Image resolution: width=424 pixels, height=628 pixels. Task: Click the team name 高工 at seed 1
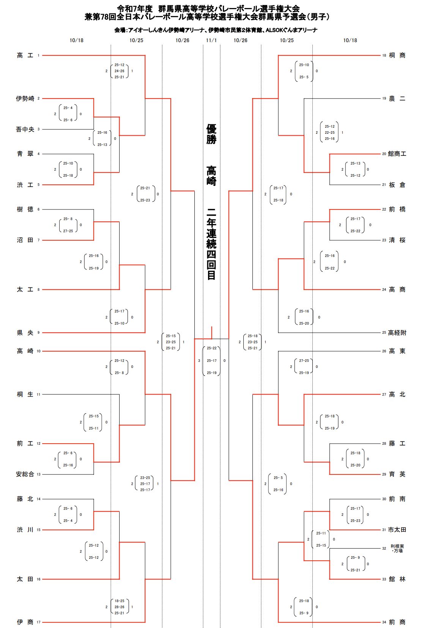[x=25, y=56]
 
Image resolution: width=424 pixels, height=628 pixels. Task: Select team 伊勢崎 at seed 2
[x=25, y=98]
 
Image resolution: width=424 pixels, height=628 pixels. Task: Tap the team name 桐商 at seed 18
[x=397, y=56]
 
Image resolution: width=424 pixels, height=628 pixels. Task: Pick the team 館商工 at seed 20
[x=397, y=154]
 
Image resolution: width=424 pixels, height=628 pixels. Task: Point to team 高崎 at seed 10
[x=25, y=351]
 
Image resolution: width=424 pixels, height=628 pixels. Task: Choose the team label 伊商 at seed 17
[x=25, y=622]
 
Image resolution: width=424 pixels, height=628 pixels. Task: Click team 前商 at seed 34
[x=397, y=622]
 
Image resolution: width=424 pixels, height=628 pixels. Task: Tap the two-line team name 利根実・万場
[x=397, y=548]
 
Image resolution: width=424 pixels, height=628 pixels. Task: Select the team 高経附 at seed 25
[x=397, y=333]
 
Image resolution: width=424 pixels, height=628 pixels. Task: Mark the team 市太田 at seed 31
[x=397, y=530]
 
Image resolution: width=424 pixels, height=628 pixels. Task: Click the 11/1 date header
[x=211, y=40]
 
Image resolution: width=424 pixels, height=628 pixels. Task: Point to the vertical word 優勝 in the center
[x=211, y=134]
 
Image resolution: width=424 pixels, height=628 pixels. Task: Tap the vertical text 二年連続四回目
[x=211, y=244]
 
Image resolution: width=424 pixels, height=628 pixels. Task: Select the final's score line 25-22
[x=212, y=348]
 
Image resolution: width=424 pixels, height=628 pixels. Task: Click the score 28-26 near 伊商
[x=120, y=607]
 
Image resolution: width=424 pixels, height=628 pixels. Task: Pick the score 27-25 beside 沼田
[x=68, y=231]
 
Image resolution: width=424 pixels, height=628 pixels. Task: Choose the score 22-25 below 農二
[x=330, y=133]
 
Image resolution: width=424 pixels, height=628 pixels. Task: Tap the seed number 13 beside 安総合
[x=38, y=474]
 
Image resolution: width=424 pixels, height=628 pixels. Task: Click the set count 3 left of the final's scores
[x=199, y=361]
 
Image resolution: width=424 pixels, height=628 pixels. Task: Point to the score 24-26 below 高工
[x=120, y=71]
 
